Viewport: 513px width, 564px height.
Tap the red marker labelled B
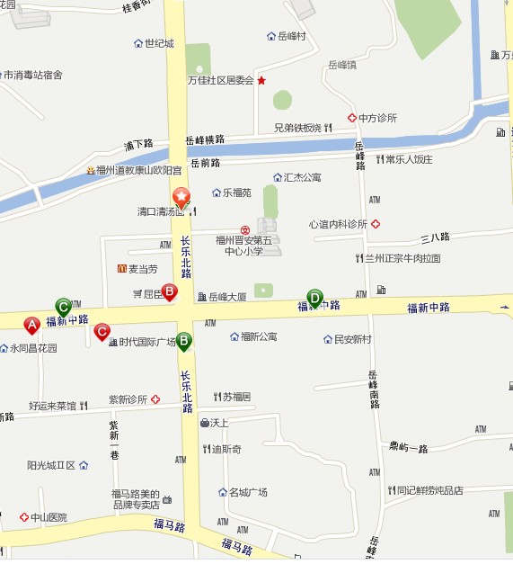[168, 291]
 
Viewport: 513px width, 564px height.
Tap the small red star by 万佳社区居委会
[261, 80]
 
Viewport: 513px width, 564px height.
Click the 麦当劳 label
[142, 269]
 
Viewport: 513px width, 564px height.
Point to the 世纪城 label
[159, 43]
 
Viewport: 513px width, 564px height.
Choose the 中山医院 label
[49, 517]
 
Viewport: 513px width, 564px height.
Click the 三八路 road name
[435, 237]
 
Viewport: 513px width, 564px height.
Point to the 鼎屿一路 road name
[409, 447]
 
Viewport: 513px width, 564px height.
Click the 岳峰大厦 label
[227, 296]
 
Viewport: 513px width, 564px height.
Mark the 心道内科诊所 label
[338, 224]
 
